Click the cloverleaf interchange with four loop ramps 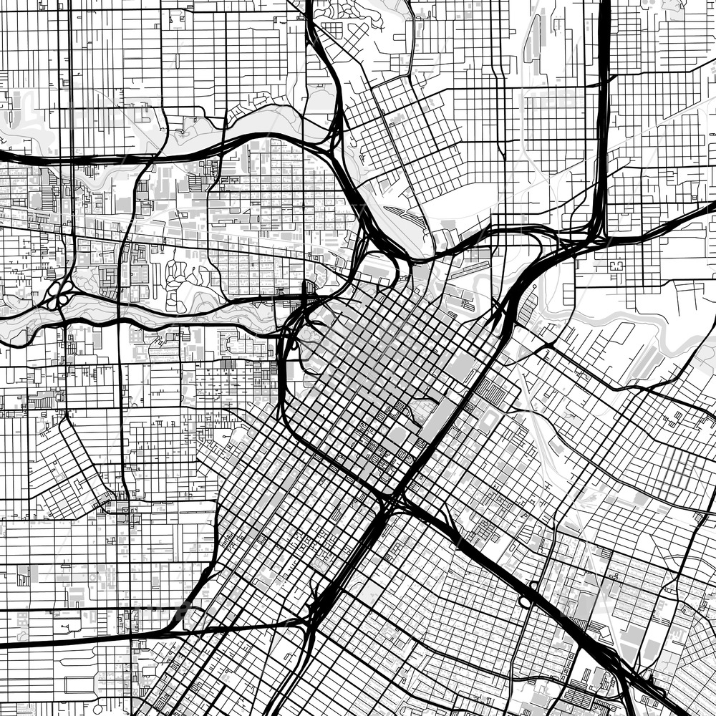point(58,294)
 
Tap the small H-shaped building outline point(616,266)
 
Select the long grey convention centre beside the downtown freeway point(438,419)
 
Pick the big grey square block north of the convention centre point(461,369)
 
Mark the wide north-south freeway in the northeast point(604,107)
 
